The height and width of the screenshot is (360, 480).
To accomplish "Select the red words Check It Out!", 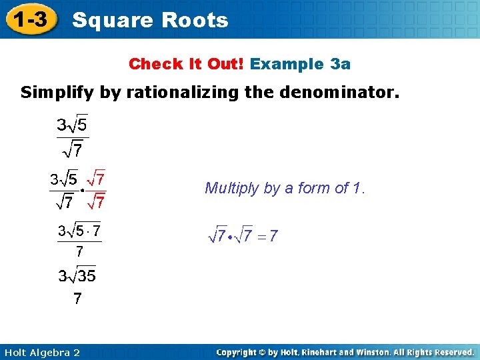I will coord(187,64).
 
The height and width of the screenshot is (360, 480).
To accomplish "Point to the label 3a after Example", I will coord(340,64).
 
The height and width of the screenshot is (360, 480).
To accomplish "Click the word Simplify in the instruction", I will coord(56,93).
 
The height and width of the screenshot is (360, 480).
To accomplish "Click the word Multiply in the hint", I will coord(231,188).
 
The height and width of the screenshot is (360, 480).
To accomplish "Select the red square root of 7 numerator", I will coord(97,179).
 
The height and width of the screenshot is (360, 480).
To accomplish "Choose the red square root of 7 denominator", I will coord(97,200).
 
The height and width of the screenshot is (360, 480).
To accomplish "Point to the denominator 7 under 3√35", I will coord(77,299).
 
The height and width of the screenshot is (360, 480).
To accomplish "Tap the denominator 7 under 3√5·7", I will coord(79,252).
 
